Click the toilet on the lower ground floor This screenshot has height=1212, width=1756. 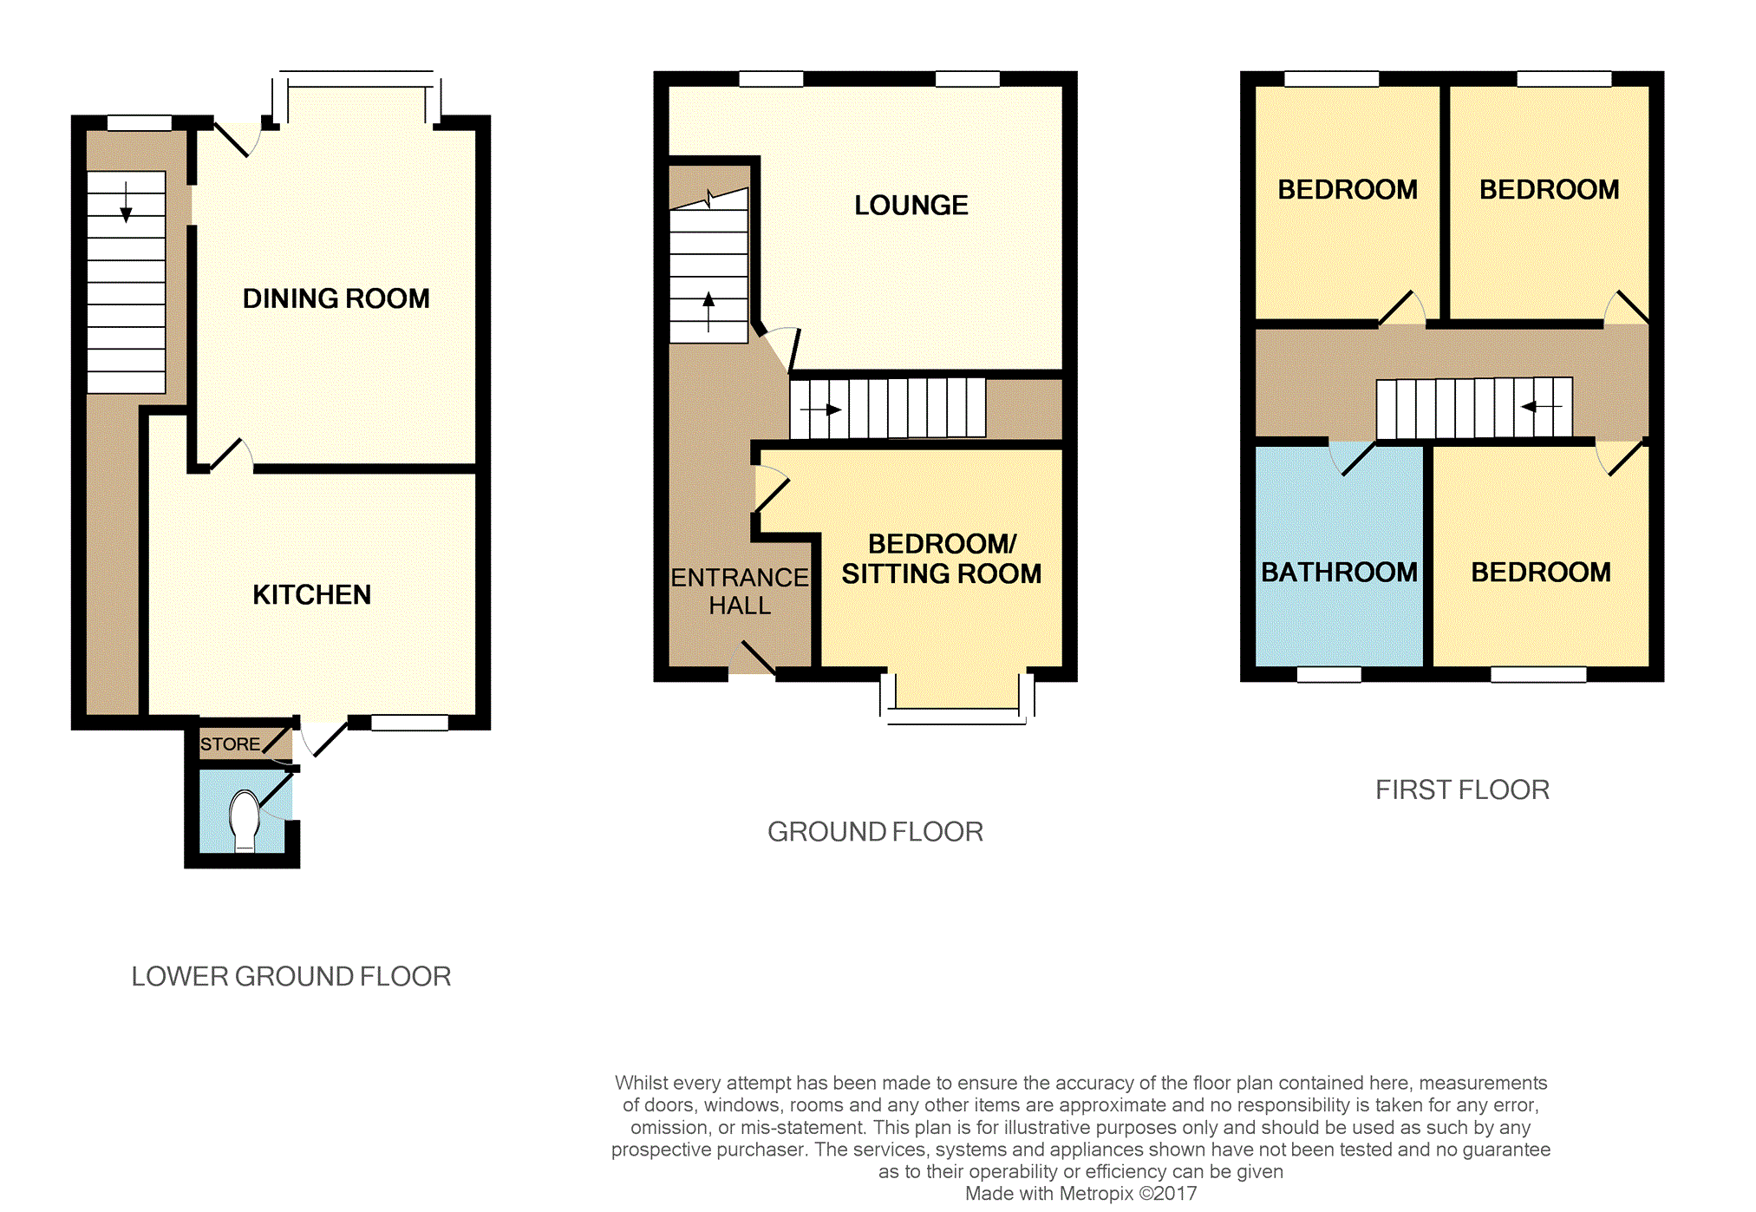click(x=245, y=821)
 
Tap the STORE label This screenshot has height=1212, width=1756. click(x=230, y=744)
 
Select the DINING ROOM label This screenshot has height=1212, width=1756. click(x=336, y=298)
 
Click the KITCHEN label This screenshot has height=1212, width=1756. click(x=312, y=594)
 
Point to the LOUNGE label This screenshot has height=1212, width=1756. click(x=911, y=206)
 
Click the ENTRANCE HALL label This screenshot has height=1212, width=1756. click(x=740, y=591)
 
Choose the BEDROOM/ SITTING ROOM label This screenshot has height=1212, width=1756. click(x=942, y=559)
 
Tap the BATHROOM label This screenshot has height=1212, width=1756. click(x=1339, y=573)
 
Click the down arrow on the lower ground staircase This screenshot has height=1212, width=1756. click(x=127, y=202)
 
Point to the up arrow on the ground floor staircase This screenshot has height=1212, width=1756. click(x=709, y=312)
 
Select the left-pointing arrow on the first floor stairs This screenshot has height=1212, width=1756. click(x=1542, y=406)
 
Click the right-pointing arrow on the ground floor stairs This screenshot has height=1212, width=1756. click(x=820, y=409)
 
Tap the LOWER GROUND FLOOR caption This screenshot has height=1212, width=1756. click(x=291, y=977)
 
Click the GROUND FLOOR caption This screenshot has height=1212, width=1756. click(x=876, y=832)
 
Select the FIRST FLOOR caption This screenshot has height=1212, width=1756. click(x=1463, y=790)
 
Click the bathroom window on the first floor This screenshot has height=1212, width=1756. click(x=1329, y=674)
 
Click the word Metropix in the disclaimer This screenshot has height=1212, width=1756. click(x=1096, y=1194)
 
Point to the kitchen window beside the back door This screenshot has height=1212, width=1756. click(x=410, y=723)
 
